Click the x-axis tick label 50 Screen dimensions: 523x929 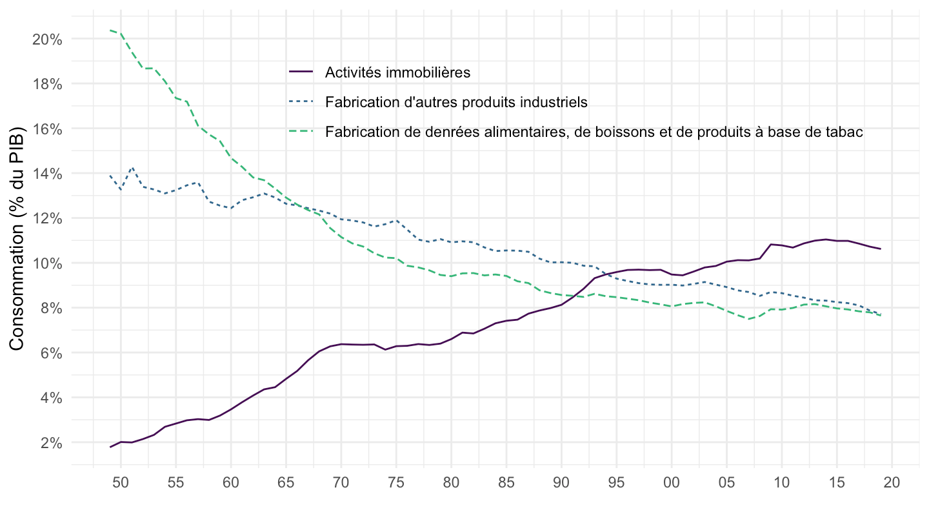pos(121,482)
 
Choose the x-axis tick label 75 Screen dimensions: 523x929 pos(396,482)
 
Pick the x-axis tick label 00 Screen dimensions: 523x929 pos(672,482)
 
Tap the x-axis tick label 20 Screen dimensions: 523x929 pos(892,482)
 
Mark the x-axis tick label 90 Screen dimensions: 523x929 pos(561,482)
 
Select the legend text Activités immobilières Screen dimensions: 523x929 pos(398,72)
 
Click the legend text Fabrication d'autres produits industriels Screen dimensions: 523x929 pos(456,101)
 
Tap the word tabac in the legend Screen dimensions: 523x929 pos(846,132)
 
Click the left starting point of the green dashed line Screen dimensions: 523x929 pos(110,30)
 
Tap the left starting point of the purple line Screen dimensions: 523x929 pos(110,447)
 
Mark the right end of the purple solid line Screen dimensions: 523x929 pos(881,249)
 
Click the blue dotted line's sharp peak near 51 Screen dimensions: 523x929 pos(132,167)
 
